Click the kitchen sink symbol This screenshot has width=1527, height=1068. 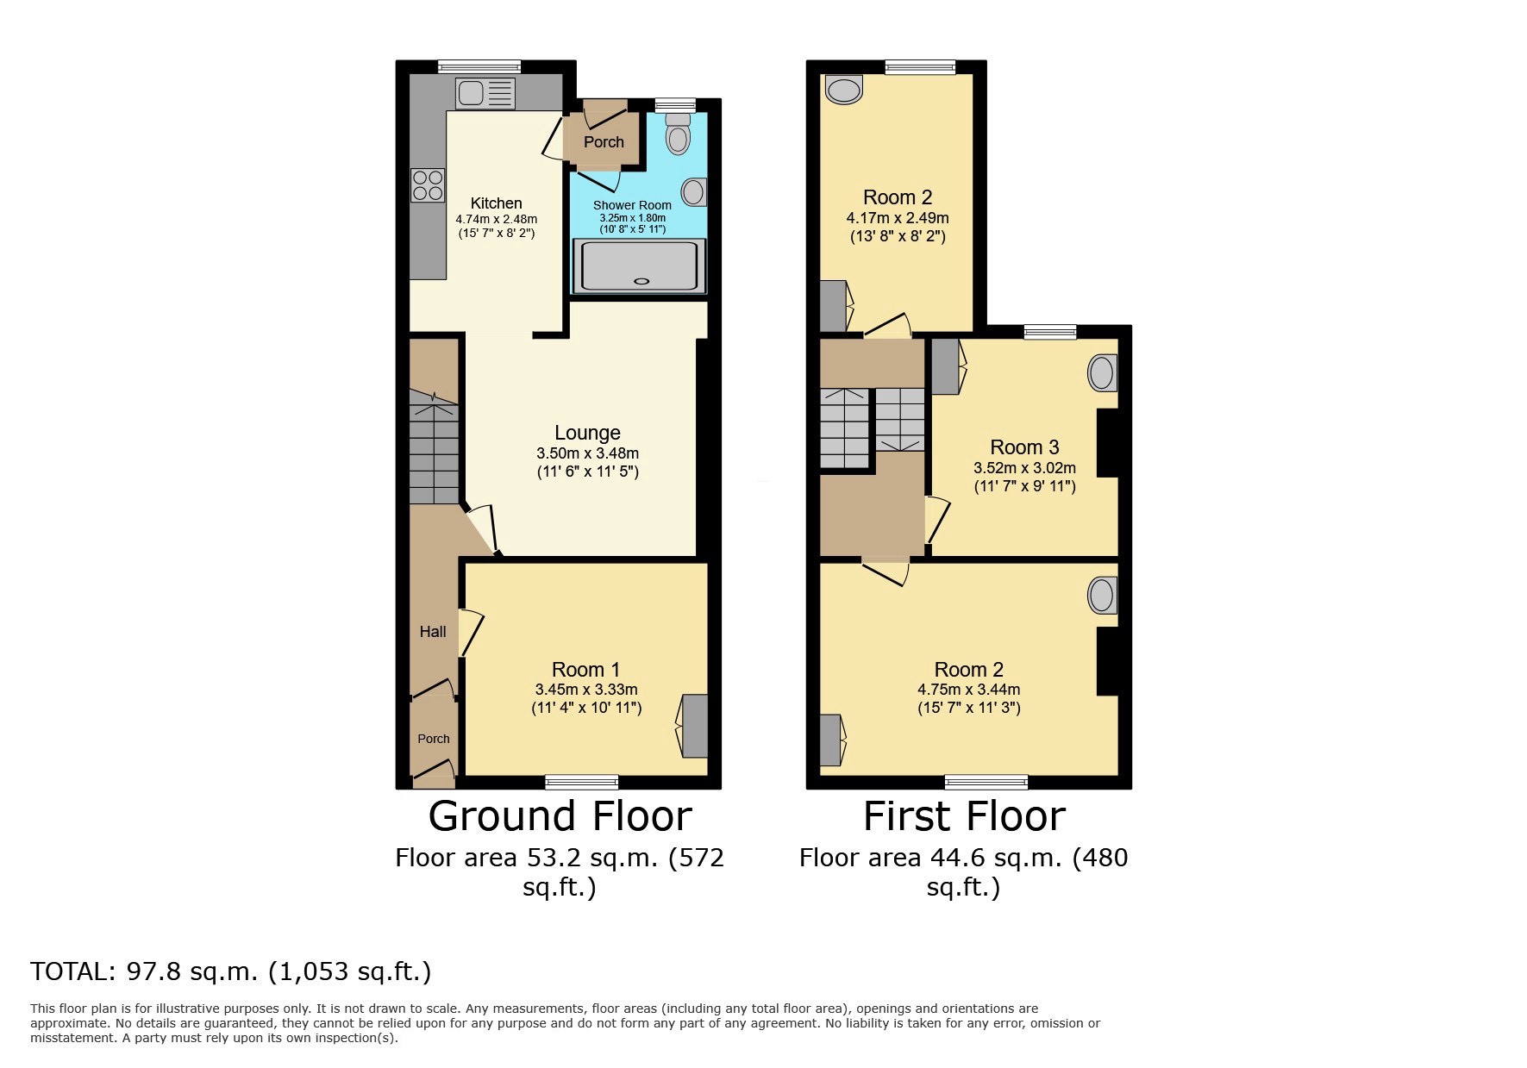pyautogui.click(x=485, y=93)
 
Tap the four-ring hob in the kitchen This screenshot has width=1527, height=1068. pyautogui.click(x=428, y=185)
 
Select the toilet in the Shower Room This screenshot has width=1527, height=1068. pyautogui.click(x=679, y=134)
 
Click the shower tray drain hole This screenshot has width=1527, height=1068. pyautogui.click(x=640, y=281)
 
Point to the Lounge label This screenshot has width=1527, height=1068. pyautogui.click(x=587, y=433)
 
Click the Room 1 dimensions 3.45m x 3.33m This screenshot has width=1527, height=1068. pyautogui.click(x=586, y=690)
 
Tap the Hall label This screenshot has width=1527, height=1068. pyautogui.click(x=433, y=632)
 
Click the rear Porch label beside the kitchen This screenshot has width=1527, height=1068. pyautogui.click(x=604, y=142)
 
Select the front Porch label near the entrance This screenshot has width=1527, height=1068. pyautogui.click(x=434, y=739)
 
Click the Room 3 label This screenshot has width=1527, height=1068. pyautogui.click(x=1024, y=447)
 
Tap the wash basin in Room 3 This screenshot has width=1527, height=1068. pyautogui.click(x=1101, y=373)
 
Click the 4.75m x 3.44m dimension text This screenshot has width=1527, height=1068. pyautogui.click(x=968, y=690)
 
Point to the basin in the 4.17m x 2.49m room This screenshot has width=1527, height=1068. pyautogui.click(x=844, y=90)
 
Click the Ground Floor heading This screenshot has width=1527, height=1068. pyautogui.click(x=560, y=816)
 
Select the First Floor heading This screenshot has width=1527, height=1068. pyautogui.click(x=964, y=816)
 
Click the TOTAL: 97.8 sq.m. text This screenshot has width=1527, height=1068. pyautogui.click(x=230, y=971)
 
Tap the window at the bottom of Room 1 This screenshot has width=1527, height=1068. pyautogui.click(x=581, y=782)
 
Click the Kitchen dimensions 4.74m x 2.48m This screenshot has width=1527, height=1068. pyautogui.click(x=496, y=219)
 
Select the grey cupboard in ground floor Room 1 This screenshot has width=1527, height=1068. pyautogui.click(x=695, y=725)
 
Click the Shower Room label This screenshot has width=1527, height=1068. pyautogui.click(x=632, y=205)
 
